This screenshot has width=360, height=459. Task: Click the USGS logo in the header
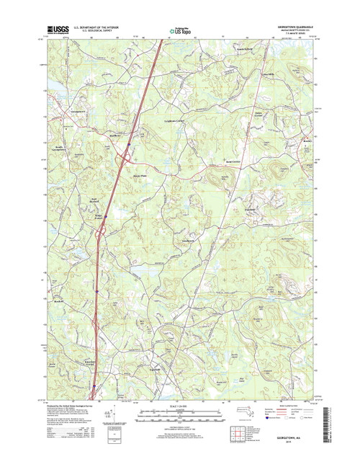click(58, 30)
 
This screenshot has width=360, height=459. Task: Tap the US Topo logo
click(181, 30)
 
